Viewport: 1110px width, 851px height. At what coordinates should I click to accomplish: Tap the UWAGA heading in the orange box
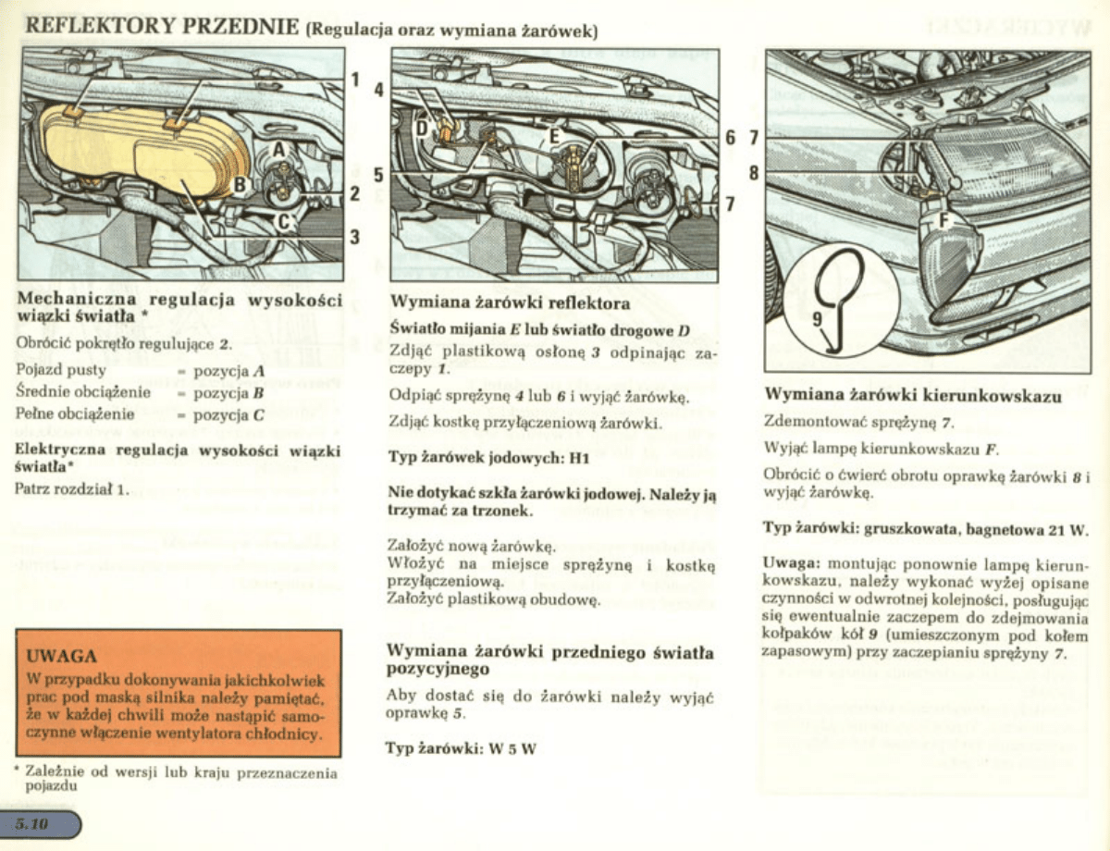pos(63,656)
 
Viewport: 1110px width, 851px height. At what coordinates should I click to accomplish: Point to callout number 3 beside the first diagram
pos(354,237)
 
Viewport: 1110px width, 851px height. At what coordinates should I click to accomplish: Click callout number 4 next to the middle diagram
pos(378,91)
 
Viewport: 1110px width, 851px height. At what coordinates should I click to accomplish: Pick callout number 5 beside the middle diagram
pos(378,174)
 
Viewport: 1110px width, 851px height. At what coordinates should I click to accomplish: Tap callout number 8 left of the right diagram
pos(753,172)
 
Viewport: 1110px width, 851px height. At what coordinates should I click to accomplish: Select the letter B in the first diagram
pos(238,185)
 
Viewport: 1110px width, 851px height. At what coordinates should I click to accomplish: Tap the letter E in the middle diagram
pos(555,137)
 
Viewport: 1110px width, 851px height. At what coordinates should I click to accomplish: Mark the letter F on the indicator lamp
pos(944,220)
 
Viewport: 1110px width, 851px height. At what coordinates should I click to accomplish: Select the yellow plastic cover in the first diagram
pos(139,148)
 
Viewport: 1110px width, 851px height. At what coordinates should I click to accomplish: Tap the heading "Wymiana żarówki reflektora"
pos(512,302)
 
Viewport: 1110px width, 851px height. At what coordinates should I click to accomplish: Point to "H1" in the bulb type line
pos(579,457)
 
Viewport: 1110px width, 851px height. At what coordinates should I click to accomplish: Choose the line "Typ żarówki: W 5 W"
pos(461,748)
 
